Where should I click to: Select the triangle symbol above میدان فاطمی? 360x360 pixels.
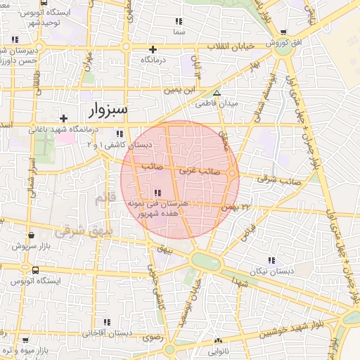pyautogui.click(x=217, y=93)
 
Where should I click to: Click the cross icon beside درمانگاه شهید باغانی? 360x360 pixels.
pyautogui.click(x=63, y=118)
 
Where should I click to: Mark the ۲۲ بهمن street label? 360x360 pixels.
pyautogui.click(x=236, y=207)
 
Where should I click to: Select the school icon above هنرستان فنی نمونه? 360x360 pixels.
pyautogui.click(x=156, y=193)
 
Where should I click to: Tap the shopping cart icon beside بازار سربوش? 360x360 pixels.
pyautogui.click(x=13, y=246)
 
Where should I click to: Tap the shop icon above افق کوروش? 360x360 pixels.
pyautogui.click(x=283, y=32)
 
